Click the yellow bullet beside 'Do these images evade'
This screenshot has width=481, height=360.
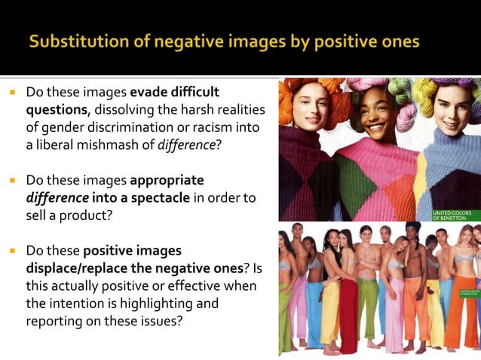13,93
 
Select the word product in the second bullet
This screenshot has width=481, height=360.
87,215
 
